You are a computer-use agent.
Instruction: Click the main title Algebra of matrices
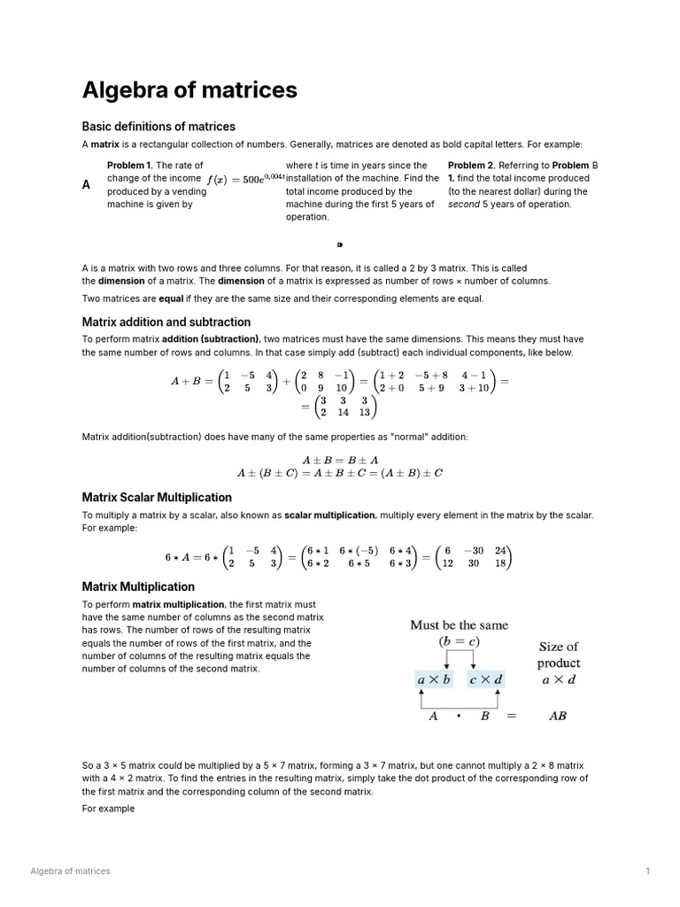coord(189,90)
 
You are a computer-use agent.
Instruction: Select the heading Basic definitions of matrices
coord(158,127)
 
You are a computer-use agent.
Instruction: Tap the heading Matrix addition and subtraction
coord(166,322)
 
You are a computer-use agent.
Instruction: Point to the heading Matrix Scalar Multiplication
coord(157,498)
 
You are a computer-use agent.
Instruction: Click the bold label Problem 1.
coord(129,166)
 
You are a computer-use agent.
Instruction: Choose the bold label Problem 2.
coord(471,166)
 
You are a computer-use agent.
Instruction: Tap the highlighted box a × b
coord(434,679)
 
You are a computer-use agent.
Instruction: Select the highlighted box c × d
coord(485,679)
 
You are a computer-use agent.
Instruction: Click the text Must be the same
coord(459,625)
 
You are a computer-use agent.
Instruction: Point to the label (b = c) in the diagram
coord(459,641)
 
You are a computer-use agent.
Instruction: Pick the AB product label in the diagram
coord(558,716)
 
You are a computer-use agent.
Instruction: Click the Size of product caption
coord(559,655)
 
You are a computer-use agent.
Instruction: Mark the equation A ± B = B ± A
coord(340,460)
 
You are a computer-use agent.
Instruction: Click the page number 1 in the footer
coord(648,872)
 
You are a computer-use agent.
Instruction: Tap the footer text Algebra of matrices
coord(71,872)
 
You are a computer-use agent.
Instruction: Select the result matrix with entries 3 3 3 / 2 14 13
coord(348,407)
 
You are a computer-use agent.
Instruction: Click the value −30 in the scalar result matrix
coord(474,550)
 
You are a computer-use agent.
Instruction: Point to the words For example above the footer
coord(108,809)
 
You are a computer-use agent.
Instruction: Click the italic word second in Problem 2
coord(464,205)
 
